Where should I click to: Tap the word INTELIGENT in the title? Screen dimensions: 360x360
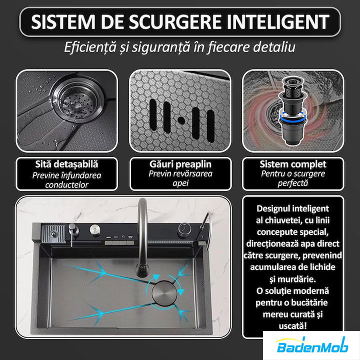tap(278, 22)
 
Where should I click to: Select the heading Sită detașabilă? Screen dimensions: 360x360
tap(66, 164)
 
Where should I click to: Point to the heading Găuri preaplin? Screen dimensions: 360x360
tap(180, 164)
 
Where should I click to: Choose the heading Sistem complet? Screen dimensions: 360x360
tap(293, 164)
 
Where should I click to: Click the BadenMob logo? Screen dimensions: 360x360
tap(312, 345)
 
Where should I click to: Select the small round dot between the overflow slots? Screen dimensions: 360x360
tap(181, 120)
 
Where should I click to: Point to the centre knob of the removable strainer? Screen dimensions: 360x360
tap(78, 105)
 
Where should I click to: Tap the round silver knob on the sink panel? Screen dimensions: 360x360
tap(95, 229)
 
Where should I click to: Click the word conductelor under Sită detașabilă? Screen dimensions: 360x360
tap(66, 185)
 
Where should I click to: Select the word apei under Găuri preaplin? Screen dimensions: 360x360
tap(180, 183)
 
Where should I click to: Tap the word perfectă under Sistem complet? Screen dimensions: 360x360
tap(292, 183)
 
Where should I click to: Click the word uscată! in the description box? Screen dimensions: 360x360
tap(292, 326)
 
